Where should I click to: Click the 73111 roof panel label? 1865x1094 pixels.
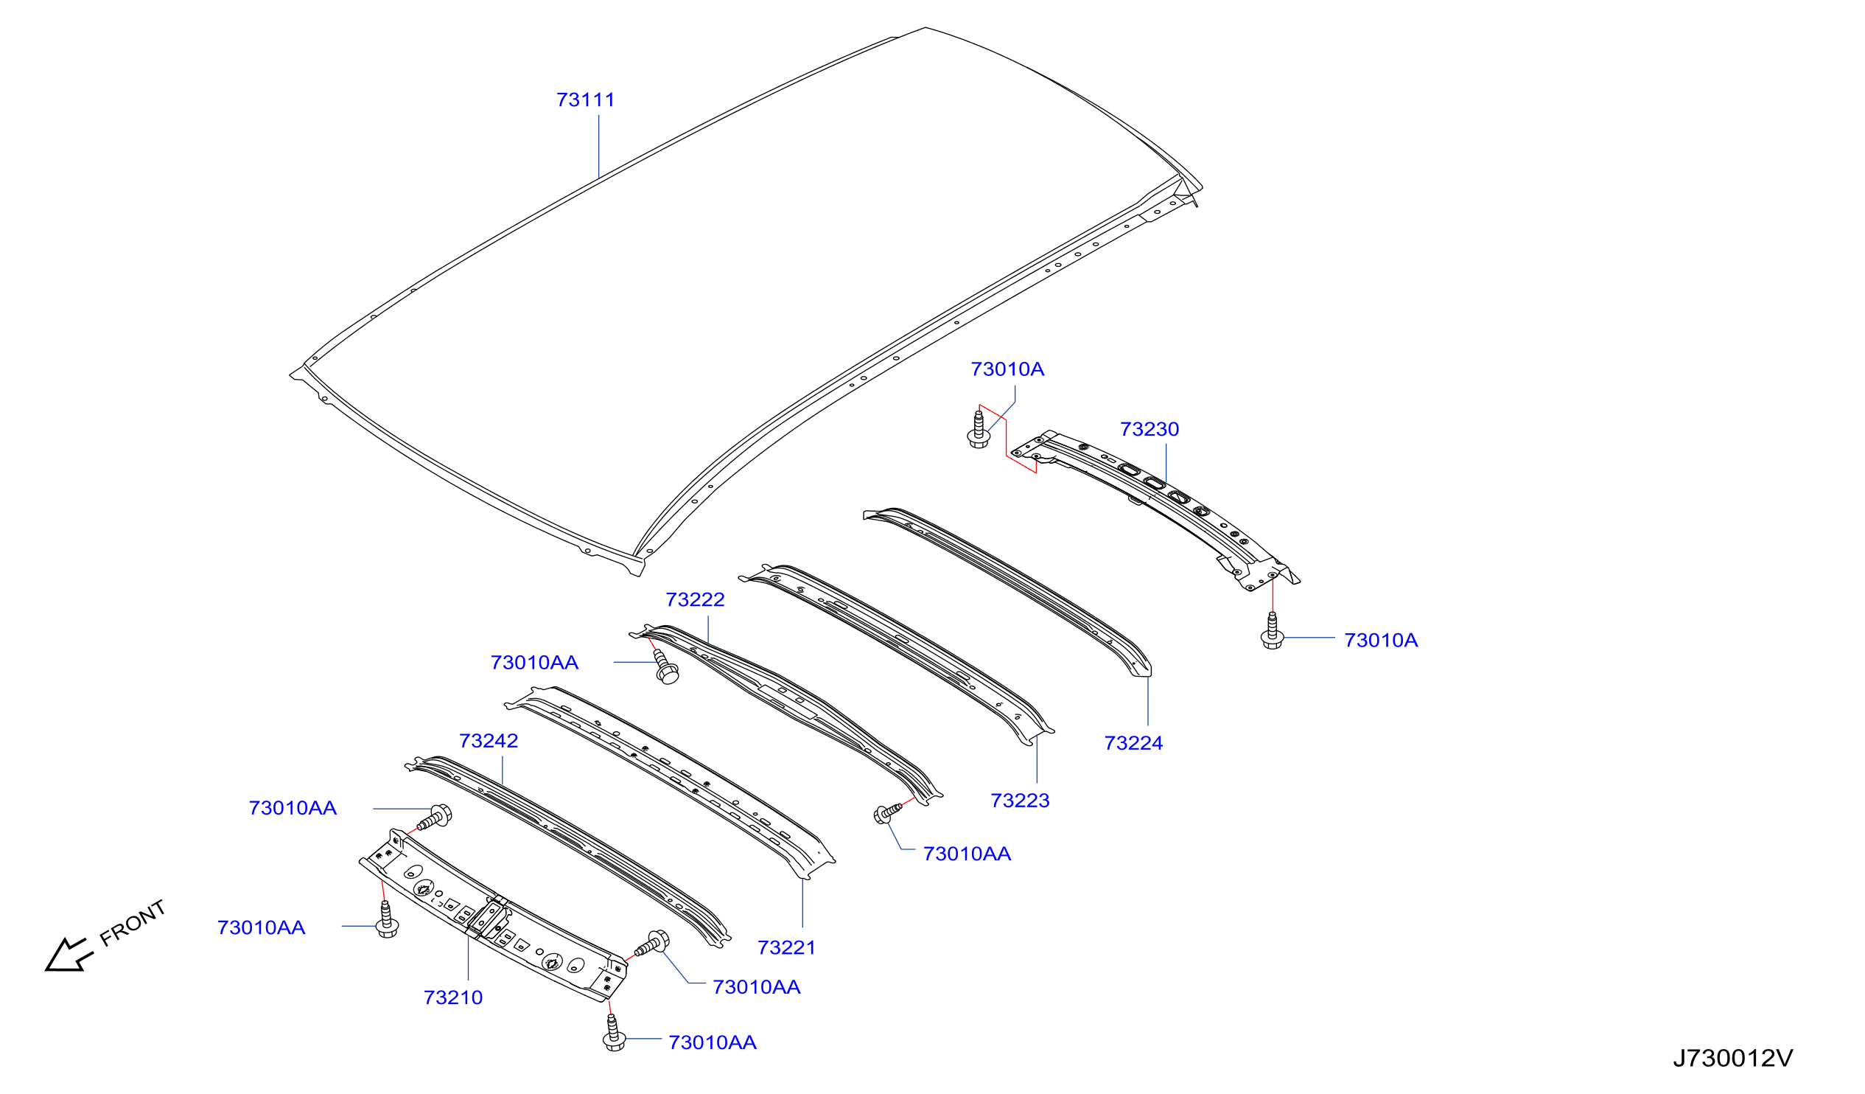click(585, 100)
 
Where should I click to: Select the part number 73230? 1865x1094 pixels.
click(1150, 429)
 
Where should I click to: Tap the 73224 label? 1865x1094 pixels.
click(1133, 743)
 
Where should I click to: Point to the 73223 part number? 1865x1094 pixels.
click(1020, 800)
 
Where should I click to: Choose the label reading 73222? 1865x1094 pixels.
click(695, 599)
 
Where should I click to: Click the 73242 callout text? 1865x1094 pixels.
click(489, 741)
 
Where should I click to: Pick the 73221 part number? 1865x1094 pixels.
click(787, 947)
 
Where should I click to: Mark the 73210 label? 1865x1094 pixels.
click(453, 997)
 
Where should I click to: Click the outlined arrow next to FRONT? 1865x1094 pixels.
click(68, 955)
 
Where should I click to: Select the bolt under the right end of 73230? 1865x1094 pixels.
click(1273, 630)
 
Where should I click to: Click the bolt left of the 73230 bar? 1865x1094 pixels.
click(979, 430)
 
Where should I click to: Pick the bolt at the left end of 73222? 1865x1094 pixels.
click(665, 666)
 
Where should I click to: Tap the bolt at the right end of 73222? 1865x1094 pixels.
click(887, 812)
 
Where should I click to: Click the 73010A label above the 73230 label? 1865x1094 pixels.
click(1007, 369)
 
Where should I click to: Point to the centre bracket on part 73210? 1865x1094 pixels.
click(490, 919)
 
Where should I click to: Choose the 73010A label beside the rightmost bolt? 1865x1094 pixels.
click(1381, 641)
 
